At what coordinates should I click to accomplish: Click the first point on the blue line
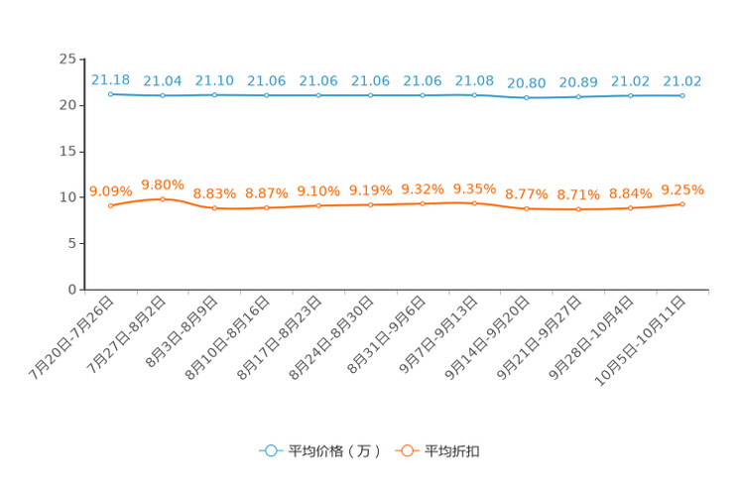(x=111, y=93)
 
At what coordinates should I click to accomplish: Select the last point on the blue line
(x=682, y=95)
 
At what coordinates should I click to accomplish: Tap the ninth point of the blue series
(x=527, y=98)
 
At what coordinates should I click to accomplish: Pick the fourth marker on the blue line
(x=267, y=95)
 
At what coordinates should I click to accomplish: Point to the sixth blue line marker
(x=371, y=95)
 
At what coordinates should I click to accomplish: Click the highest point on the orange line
(x=163, y=199)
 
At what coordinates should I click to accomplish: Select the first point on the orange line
(x=111, y=206)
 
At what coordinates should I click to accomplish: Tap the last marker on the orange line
(x=682, y=204)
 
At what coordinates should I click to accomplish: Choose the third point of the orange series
(x=215, y=208)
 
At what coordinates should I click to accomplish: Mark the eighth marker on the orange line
(x=475, y=203)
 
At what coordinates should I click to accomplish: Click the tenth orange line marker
(x=579, y=209)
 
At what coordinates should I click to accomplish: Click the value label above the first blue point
(x=110, y=78)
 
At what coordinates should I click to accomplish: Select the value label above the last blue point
(x=682, y=80)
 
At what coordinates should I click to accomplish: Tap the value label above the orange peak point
(x=163, y=184)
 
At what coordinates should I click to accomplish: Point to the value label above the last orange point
(x=682, y=189)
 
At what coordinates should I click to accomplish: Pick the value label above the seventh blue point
(x=423, y=80)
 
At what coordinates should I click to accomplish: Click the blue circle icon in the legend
(x=270, y=450)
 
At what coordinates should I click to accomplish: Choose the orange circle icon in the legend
(x=406, y=450)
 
